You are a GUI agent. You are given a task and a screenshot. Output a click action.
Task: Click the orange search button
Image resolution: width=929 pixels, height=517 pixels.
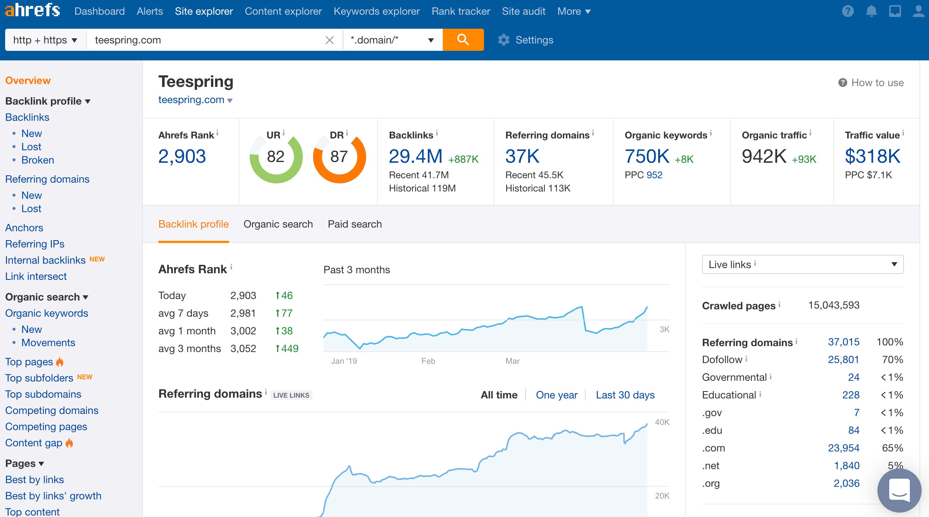463,40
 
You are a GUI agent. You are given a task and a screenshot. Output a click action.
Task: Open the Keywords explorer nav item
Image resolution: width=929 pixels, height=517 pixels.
376,11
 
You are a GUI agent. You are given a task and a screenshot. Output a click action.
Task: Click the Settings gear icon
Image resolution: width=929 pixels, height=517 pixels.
504,40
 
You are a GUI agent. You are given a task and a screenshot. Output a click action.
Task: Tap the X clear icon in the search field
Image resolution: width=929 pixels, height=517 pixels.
329,40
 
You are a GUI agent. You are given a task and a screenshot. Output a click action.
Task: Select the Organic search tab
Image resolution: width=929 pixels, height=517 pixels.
278,224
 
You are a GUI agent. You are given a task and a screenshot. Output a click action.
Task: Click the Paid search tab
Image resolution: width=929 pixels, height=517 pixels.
354,224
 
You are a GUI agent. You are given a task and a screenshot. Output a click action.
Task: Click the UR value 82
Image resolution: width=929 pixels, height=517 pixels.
276,157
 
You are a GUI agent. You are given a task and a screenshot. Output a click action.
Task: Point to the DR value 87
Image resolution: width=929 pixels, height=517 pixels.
339,157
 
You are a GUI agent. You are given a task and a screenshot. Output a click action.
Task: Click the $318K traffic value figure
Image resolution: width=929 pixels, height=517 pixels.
872,156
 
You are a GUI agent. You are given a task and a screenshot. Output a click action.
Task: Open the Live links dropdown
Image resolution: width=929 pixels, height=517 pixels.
802,264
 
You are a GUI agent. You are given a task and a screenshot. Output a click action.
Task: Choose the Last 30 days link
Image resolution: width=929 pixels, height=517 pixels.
625,395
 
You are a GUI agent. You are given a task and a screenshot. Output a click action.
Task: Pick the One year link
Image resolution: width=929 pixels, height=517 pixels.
556,395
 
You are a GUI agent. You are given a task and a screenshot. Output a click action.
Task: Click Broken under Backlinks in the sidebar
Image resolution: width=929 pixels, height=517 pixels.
38,160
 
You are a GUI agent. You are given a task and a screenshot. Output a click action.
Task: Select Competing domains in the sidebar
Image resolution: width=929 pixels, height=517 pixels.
52,410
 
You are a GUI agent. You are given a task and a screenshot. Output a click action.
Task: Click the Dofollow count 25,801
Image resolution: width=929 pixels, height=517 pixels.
843,359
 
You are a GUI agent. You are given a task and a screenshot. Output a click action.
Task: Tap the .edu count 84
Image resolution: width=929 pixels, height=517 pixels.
853,430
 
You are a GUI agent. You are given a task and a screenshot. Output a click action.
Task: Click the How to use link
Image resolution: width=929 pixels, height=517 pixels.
877,82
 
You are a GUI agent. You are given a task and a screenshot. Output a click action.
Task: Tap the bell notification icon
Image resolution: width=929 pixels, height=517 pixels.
871,11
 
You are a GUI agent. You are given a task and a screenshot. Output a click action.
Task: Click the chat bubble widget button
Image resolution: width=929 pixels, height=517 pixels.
899,490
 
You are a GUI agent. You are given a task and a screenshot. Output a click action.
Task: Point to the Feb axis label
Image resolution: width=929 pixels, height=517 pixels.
428,361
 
